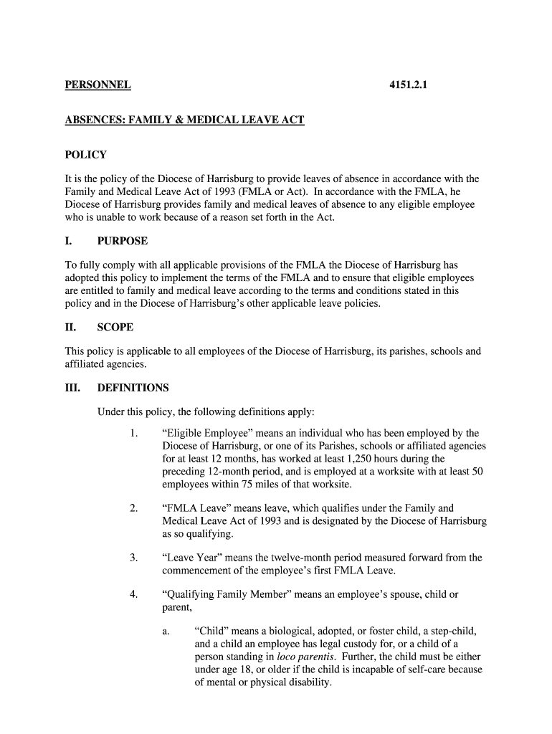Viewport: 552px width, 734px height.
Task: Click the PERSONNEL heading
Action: coord(97,85)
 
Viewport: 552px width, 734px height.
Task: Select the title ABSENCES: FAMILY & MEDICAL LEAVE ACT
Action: coord(184,120)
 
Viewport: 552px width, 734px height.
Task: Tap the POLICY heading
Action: coord(85,155)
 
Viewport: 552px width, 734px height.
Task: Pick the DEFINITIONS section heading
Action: coord(133,388)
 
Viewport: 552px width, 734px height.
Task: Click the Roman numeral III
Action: coord(72,388)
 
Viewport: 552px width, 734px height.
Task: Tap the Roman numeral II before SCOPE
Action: coord(70,328)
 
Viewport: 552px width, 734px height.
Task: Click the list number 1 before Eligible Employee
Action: coord(133,434)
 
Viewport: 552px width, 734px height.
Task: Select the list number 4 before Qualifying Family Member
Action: coord(133,595)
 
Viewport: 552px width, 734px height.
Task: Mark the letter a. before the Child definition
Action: coord(166,631)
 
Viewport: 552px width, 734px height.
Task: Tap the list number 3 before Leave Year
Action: coord(133,558)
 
